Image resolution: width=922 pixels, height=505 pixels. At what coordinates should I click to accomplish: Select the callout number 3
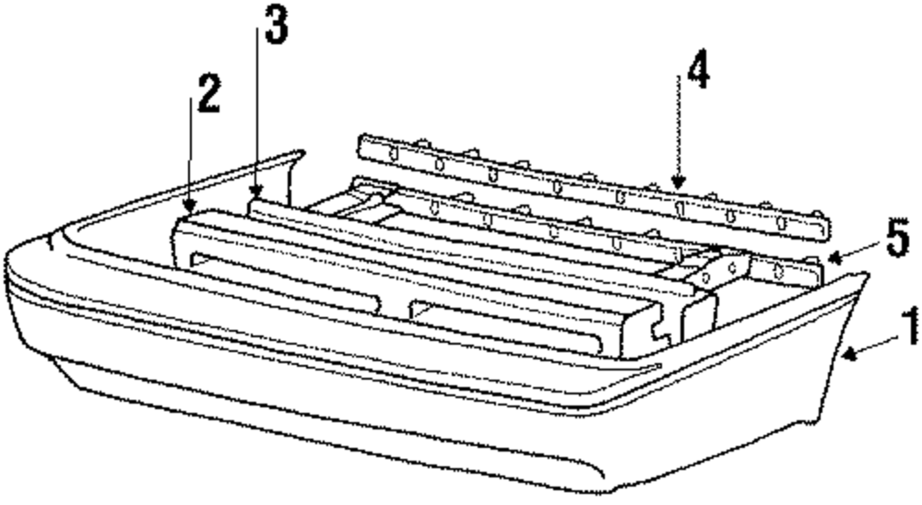point(275,30)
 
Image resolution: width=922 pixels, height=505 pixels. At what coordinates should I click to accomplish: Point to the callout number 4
point(698,72)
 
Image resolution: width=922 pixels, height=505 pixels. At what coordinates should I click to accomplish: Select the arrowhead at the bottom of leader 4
point(680,188)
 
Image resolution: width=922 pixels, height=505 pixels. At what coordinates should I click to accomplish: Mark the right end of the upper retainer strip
point(821,224)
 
